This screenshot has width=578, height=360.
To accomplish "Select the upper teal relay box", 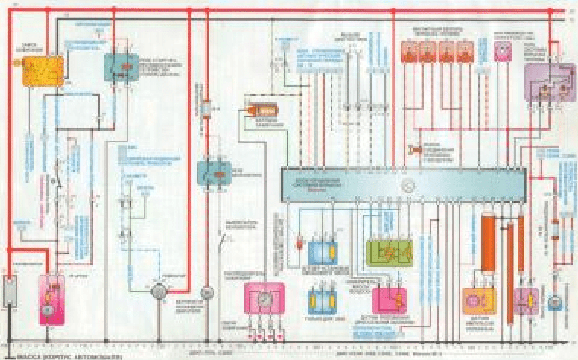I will [x=121, y=67].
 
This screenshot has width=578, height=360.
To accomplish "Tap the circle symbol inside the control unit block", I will [x=408, y=186].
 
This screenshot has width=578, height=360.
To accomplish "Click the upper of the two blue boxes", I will [x=321, y=251].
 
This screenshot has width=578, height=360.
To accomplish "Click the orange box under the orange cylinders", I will [x=480, y=302].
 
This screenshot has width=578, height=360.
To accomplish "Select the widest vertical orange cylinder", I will [x=487, y=242].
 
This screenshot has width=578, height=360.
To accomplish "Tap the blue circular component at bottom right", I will [x=555, y=302].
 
